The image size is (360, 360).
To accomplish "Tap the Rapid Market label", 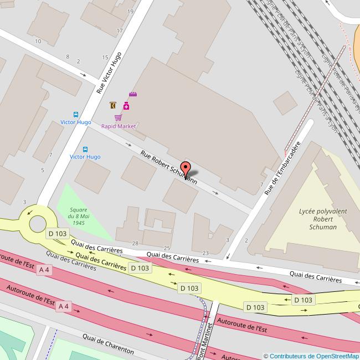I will (118, 126).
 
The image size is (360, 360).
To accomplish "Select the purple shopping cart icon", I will (118, 117).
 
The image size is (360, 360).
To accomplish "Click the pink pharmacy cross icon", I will (126, 106).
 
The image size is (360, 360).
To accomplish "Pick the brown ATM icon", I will (113, 105).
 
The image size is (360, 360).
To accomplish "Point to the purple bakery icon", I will (133, 95).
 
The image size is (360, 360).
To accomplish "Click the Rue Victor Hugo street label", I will (109, 73).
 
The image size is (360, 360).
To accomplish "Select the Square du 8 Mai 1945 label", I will (78, 216).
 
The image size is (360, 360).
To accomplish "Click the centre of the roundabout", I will (38, 224).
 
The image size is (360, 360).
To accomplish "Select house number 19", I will (130, 12).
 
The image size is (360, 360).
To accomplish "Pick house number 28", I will (135, 244).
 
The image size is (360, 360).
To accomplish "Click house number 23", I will (205, 253).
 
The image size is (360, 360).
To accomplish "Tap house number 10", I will (38, 41).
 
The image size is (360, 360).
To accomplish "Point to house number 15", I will (105, 58).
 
